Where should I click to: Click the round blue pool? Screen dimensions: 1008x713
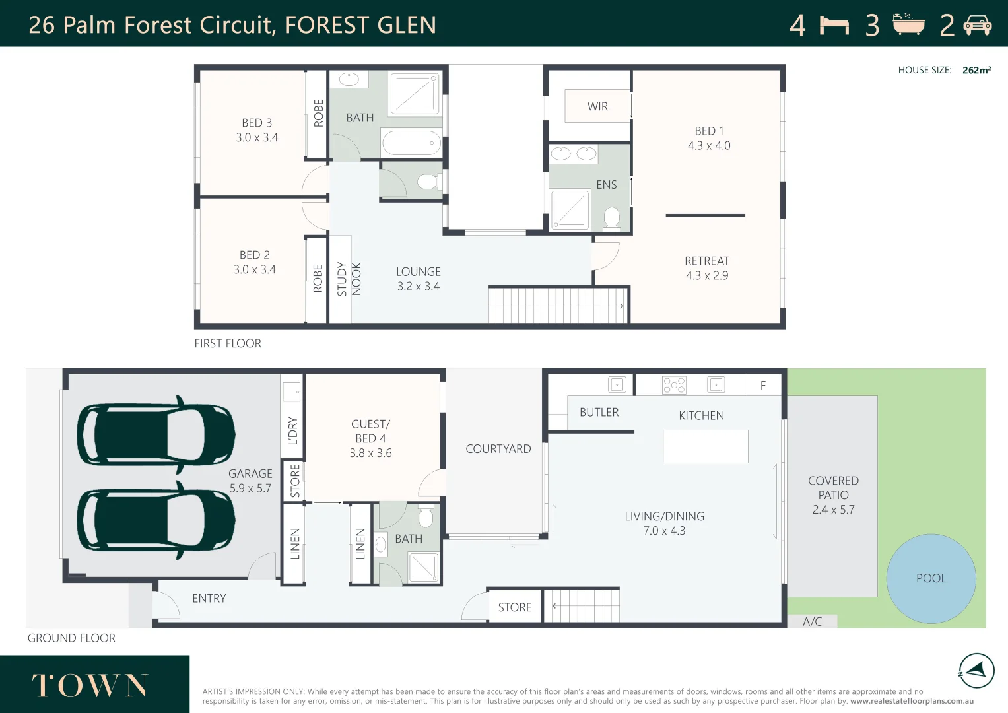coord(931,578)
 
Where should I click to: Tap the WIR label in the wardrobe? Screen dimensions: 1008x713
coord(597,106)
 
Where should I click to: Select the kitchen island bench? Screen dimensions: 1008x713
coord(705,446)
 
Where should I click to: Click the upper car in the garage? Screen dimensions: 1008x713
coord(156,434)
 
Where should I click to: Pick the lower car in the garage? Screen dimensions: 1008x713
coord(156,520)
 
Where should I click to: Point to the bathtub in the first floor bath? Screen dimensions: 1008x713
coord(411,143)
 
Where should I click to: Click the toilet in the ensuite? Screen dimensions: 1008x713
coord(612,217)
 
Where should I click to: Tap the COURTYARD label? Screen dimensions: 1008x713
coord(498,449)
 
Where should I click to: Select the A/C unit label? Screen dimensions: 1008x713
coord(812,622)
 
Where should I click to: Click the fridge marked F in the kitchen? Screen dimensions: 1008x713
coord(763,386)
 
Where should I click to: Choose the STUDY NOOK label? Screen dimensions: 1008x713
coord(349,279)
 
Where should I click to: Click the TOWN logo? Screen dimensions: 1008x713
coord(90,685)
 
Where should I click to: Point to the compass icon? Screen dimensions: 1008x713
coord(976,671)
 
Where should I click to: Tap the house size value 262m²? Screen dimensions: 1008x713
coord(976,70)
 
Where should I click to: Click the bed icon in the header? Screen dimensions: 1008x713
coord(834,26)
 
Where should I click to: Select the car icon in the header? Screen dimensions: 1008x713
coord(977,26)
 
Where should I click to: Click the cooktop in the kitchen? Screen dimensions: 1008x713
coord(674,385)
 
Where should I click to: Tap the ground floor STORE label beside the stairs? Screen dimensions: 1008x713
coord(515,607)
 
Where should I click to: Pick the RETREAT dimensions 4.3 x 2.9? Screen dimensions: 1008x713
coord(707,276)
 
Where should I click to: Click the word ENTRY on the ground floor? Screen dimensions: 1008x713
coord(209,599)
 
